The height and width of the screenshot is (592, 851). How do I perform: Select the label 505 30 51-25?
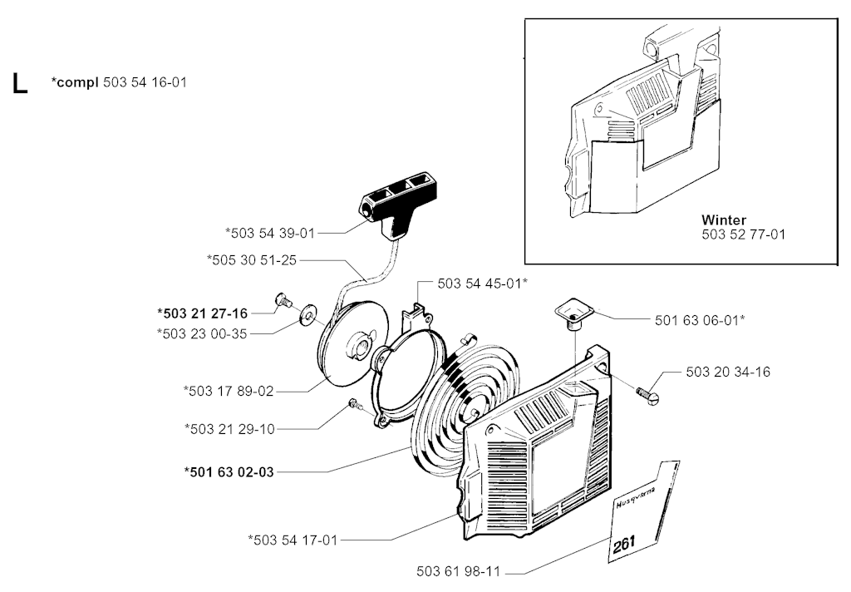click(x=251, y=260)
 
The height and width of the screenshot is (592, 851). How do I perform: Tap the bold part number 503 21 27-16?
click(x=202, y=313)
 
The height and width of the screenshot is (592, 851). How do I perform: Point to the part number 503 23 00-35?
click(x=202, y=333)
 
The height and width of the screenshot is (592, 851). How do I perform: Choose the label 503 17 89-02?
click(x=227, y=389)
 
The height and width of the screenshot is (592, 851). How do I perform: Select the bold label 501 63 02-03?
click(x=229, y=472)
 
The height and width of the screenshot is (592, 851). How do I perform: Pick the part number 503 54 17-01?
click(x=293, y=540)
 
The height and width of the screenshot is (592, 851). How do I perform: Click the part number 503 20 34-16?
click(x=728, y=372)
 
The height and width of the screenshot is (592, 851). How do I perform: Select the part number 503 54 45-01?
click(x=482, y=284)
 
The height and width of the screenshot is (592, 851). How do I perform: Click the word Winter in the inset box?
click(x=723, y=220)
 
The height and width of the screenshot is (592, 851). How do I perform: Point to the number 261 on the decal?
click(x=624, y=543)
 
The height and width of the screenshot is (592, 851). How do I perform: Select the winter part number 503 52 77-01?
click(x=743, y=234)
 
